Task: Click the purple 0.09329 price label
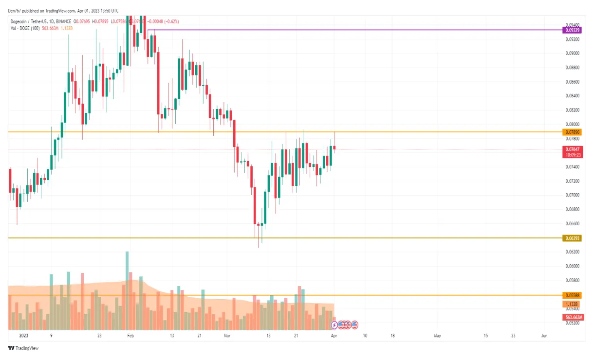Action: point(572,30)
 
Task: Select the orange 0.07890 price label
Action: point(572,132)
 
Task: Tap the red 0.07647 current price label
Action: point(572,149)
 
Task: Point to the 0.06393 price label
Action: point(572,238)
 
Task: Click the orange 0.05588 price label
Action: point(572,295)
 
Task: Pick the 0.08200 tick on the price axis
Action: point(572,110)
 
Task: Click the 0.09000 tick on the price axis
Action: point(572,53)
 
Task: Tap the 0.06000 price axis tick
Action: point(572,266)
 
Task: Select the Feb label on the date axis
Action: point(130,336)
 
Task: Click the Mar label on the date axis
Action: point(226,336)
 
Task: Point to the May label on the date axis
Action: point(437,336)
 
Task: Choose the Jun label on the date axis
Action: point(545,336)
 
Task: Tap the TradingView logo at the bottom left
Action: point(23,348)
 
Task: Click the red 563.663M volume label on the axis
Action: point(572,317)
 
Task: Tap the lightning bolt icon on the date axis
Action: point(334,324)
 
